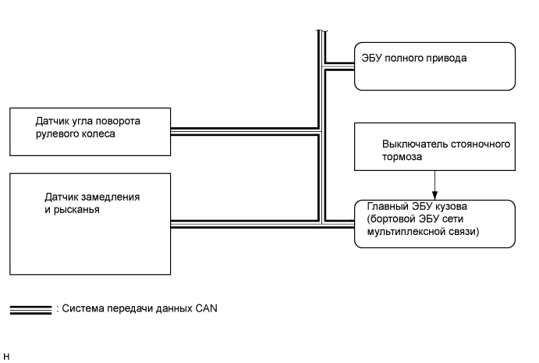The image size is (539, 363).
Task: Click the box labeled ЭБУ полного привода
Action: click(x=434, y=67)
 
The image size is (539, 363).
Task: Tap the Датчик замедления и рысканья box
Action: click(x=90, y=223)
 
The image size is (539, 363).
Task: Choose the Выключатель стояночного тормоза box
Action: click(x=434, y=147)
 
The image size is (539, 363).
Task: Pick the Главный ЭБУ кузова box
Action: click(x=434, y=225)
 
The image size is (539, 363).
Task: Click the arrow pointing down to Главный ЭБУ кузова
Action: click(x=434, y=186)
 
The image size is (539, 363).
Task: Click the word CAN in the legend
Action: click(x=207, y=308)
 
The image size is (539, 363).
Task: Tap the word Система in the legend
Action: click(x=83, y=308)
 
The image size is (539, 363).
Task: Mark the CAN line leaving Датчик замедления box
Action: click(x=242, y=222)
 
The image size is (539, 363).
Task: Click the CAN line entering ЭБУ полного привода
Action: click(x=340, y=66)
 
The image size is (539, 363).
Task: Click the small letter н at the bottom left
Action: click(x=6, y=357)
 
